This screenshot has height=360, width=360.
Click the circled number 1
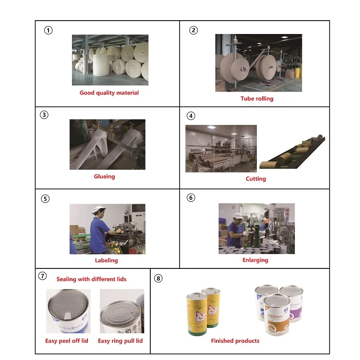click(48, 30)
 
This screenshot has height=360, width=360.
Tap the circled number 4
click(191, 116)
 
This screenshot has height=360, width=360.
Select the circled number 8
click(158, 278)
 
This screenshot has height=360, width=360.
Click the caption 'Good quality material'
click(109, 93)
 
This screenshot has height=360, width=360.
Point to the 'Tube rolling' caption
click(257, 98)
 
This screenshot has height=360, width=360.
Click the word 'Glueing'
click(104, 176)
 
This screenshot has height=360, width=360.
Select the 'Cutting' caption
click(256, 179)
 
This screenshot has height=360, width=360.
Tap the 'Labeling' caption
click(107, 260)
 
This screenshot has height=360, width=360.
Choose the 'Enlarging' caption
click(255, 260)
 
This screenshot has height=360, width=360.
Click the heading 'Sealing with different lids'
click(92, 279)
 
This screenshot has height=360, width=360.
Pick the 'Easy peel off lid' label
click(67, 341)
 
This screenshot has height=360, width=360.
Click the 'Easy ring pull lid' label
click(120, 341)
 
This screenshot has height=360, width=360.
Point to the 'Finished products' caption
click(235, 341)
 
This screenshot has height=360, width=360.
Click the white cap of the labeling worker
click(98, 209)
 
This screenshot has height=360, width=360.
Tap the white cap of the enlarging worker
click(238, 216)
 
